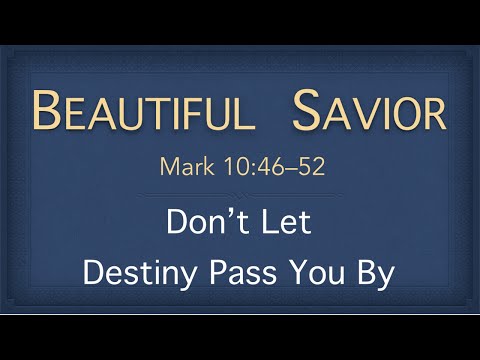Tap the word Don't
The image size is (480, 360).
[207, 222]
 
